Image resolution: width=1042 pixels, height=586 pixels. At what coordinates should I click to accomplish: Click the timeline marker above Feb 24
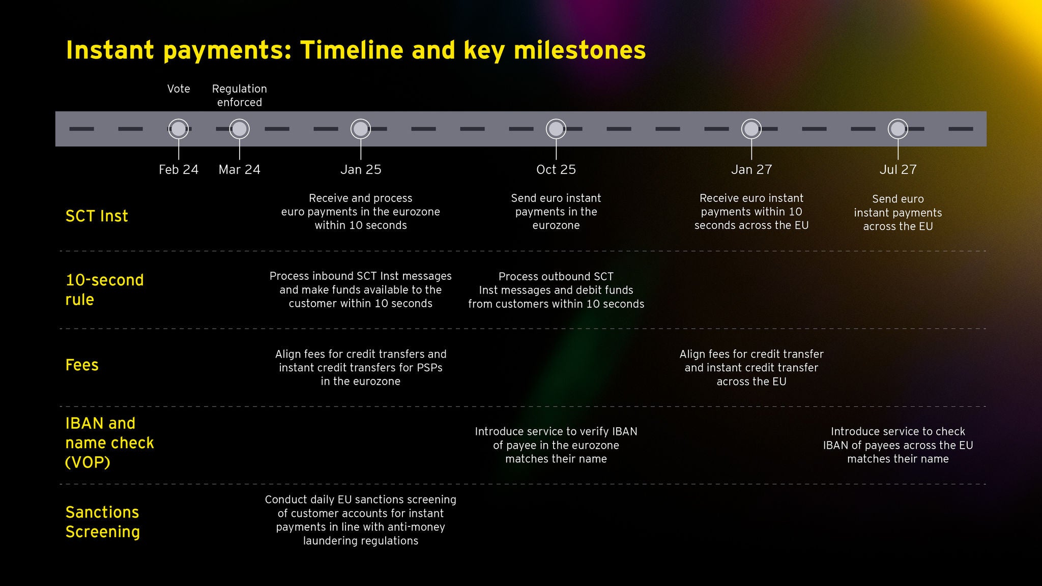(x=179, y=129)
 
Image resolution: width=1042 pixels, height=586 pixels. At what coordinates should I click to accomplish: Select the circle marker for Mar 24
(x=240, y=129)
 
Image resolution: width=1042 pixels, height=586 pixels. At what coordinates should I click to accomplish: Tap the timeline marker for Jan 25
(x=361, y=129)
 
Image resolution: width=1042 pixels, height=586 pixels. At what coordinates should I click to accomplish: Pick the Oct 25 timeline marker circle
(x=556, y=129)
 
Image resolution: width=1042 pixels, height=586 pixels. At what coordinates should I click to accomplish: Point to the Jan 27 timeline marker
(x=751, y=129)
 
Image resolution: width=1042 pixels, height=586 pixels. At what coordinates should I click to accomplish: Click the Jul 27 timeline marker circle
(x=898, y=129)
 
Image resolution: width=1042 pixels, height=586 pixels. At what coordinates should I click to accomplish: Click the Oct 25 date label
(x=556, y=169)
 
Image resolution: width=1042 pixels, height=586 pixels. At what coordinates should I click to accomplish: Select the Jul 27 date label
(x=898, y=169)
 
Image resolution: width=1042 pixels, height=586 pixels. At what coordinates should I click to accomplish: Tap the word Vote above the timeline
(x=179, y=89)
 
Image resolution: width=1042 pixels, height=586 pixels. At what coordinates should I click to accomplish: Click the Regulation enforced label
(x=240, y=96)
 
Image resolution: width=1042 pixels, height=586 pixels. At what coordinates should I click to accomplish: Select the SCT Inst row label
(x=97, y=216)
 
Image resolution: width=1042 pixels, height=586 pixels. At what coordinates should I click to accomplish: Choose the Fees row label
(x=82, y=365)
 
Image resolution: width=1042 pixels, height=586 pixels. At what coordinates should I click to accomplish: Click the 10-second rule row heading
(x=104, y=289)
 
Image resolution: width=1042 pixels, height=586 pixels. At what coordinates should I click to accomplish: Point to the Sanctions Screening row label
(x=102, y=522)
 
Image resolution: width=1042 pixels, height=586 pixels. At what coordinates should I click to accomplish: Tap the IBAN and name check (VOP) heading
(x=109, y=443)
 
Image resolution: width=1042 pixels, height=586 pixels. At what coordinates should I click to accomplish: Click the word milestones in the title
(x=580, y=50)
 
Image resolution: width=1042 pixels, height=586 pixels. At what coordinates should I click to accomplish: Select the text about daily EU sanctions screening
(x=361, y=520)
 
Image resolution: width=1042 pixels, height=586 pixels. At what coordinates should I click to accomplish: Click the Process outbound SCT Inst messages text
(x=556, y=290)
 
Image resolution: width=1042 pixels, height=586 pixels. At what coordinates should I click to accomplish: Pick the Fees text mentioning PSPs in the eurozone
(x=361, y=367)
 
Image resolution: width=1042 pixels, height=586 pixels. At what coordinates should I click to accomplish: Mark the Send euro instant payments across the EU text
(x=898, y=213)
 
